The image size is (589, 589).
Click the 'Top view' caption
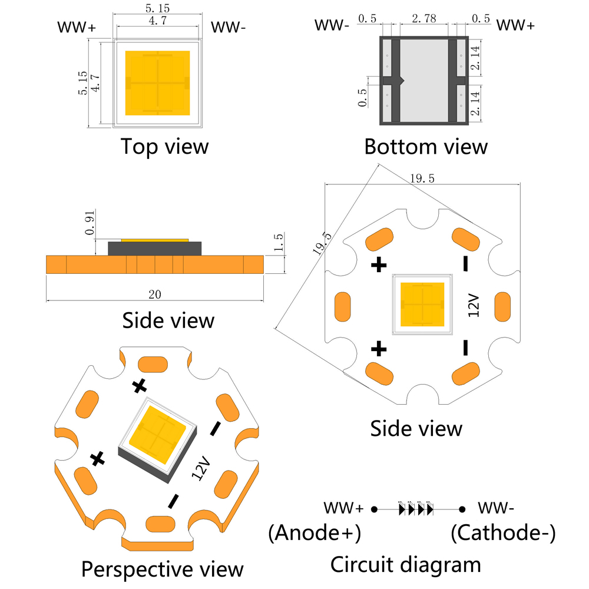pos(164,146)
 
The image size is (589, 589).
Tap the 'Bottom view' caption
pos(425,146)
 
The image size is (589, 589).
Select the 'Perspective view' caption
pos(162,569)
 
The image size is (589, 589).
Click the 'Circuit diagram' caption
pos(405,564)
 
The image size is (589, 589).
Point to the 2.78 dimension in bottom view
pos(424,19)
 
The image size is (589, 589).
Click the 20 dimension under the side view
pos(155,293)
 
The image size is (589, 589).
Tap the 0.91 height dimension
pos(90,224)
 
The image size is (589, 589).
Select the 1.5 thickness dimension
pos(279,241)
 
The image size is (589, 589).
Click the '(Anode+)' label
pos(314,534)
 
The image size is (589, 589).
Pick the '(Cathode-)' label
pos(503,534)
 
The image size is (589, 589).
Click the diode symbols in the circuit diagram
pos(416,508)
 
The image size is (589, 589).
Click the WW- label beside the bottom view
pos(332,25)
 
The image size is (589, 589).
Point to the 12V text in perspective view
pos(201,467)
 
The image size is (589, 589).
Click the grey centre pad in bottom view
pos(424,80)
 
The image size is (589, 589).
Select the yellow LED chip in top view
pos(157,82)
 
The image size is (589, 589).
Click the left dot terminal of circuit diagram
pos(374,508)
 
